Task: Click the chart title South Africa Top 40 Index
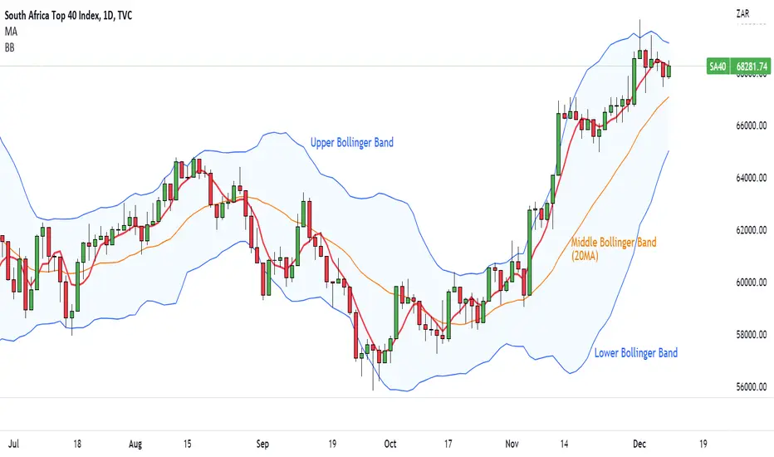coord(51,16)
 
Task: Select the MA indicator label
coord(11,32)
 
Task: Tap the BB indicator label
coord(9,47)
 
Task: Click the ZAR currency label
coord(743,14)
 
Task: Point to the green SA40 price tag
coord(718,66)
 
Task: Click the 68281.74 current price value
coord(752,66)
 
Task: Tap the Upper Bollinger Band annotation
coord(352,143)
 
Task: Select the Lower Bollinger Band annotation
coord(636,353)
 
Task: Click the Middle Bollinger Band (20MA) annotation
coord(614,248)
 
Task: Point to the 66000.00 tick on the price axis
coord(752,125)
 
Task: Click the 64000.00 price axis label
coord(752,178)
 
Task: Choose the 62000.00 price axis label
coord(752,230)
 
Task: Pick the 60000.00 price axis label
coord(752,283)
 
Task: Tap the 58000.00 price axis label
coord(752,335)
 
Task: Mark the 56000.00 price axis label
coord(752,387)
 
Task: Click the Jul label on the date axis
coord(13,444)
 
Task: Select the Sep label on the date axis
coord(262,444)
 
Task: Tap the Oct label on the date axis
coord(390,444)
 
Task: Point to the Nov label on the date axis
coord(512,444)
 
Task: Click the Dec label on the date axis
coord(639,444)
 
